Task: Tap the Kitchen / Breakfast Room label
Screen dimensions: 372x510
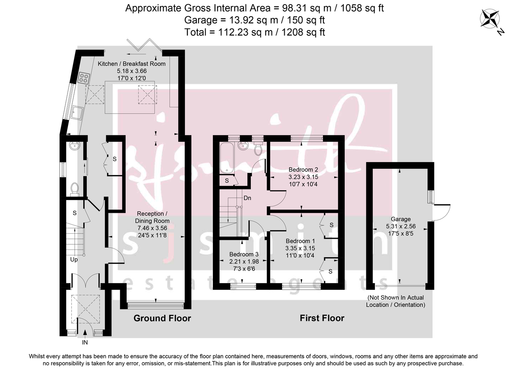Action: tap(132, 64)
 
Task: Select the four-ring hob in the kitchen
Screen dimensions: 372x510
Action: tap(84, 78)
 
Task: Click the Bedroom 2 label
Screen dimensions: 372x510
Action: tap(303, 169)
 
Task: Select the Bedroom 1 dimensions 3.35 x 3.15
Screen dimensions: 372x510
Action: tap(300, 248)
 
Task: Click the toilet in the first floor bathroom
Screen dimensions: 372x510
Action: tap(258, 149)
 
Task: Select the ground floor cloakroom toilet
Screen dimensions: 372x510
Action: tap(75, 188)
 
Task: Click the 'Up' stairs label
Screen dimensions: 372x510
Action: tap(74, 259)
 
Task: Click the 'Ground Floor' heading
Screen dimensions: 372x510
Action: tap(162, 318)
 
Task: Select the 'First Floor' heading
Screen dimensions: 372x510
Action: tap(322, 318)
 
